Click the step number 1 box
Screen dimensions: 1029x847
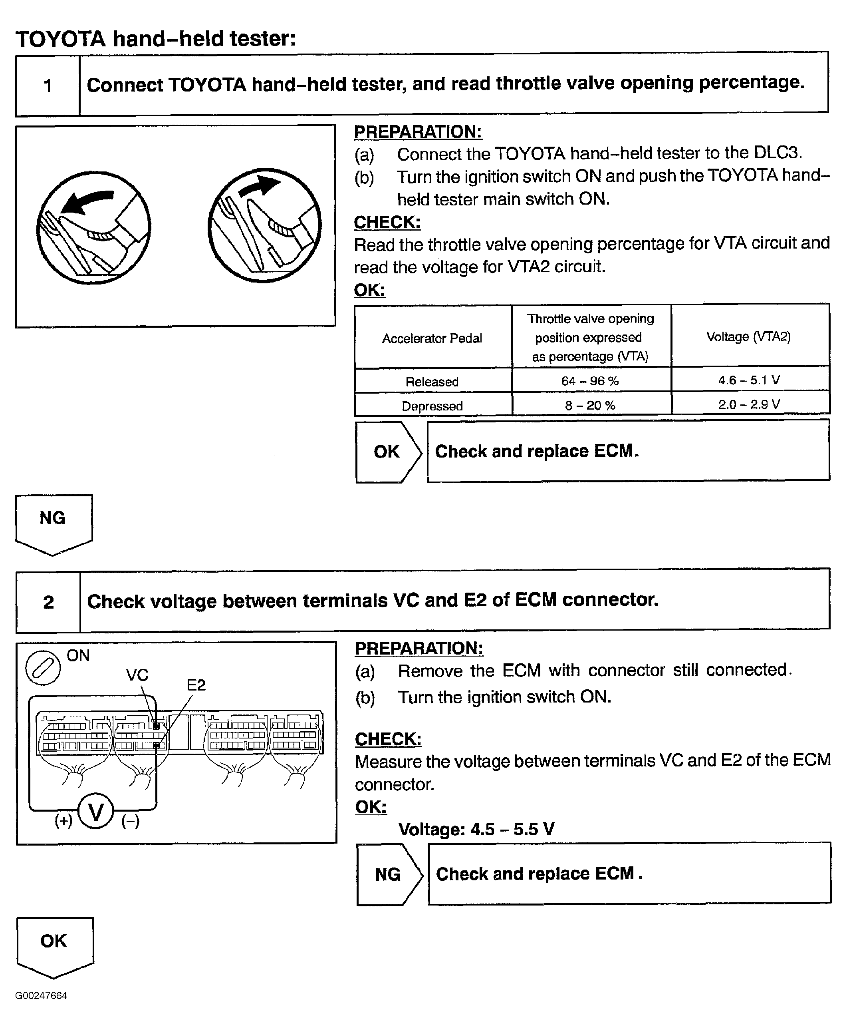tap(48, 86)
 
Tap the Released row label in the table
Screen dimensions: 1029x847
tap(432, 382)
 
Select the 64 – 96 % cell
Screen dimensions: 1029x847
tap(590, 381)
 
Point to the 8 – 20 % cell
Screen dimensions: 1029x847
tap(590, 405)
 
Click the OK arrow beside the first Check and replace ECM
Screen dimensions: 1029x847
tap(388, 452)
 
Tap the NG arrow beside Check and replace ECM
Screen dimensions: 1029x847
tap(389, 874)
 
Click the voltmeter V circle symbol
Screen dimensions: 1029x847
tap(95, 812)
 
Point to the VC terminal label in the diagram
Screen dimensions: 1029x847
tap(137, 675)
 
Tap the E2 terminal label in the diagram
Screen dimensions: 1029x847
tap(196, 685)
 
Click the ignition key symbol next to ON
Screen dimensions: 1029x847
tap(43, 668)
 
